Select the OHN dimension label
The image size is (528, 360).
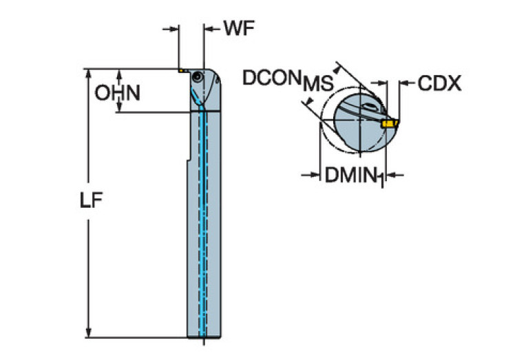[118, 93]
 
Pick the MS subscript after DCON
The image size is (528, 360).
[317, 84]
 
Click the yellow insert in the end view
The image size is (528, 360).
[390, 124]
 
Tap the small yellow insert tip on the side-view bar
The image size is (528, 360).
[181, 70]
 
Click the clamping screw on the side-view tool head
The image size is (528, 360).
[198, 78]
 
